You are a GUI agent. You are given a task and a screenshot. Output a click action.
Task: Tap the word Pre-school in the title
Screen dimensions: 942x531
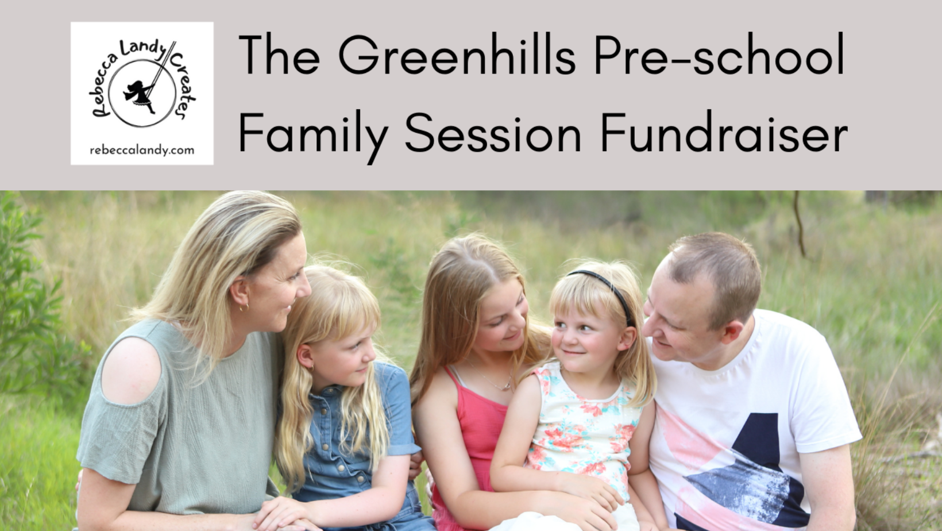(720, 54)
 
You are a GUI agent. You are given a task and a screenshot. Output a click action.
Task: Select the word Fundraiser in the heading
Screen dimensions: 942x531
(724, 131)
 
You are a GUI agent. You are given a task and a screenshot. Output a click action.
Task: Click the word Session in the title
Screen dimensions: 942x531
(493, 132)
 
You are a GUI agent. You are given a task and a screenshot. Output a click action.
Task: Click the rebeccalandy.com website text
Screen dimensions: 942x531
(142, 150)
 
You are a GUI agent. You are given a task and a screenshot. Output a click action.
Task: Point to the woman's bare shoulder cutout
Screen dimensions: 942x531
(131, 370)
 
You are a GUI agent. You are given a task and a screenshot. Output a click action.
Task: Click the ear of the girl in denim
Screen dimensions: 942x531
(304, 357)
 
